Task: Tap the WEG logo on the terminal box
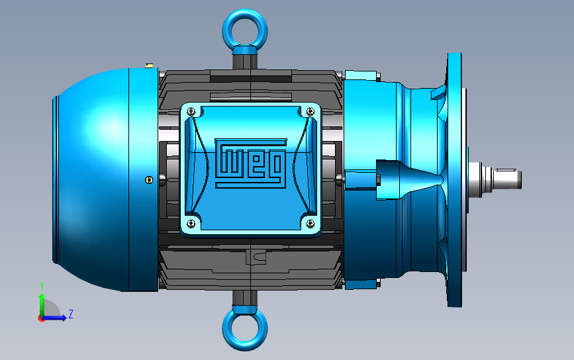click(251, 163)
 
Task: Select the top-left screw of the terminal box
click(191, 111)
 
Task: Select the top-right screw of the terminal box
click(310, 111)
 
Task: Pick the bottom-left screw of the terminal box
click(191, 223)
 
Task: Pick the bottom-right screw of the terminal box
click(310, 223)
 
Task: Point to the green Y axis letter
click(42, 286)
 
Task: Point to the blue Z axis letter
click(71, 314)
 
